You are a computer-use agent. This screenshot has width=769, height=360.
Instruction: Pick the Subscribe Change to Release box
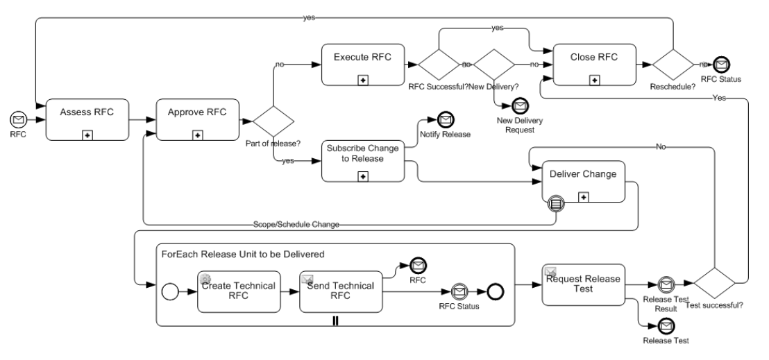[x=364, y=162]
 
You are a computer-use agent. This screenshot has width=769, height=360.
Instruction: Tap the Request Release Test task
[x=583, y=284]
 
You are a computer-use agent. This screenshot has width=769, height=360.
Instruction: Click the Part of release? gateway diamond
[x=273, y=121]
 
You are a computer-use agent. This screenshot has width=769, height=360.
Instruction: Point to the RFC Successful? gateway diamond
[x=439, y=65]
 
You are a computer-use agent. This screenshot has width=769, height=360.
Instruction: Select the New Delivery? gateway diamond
[x=494, y=65]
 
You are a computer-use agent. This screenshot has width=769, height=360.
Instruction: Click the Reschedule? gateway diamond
[x=672, y=65]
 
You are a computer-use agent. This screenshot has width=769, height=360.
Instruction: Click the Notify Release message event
[x=444, y=121]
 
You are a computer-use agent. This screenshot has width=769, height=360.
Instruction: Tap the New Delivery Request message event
[x=520, y=105]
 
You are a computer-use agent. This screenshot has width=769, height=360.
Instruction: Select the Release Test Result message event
[x=666, y=284]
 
